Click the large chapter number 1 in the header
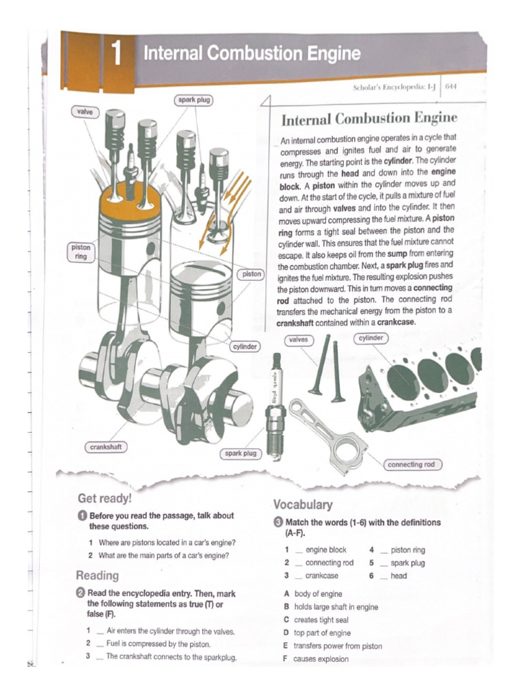click(x=117, y=54)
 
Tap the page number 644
click(x=451, y=87)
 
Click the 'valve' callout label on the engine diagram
click(x=85, y=111)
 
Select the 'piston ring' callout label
click(x=81, y=251)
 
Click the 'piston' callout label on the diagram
click(x=252, y=273)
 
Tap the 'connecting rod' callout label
click(x=411, y=464)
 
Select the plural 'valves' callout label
click(x=298, y=339)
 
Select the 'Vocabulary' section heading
click(x=303, y=504)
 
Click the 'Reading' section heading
click(x=97, y=575)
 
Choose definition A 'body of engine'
click(x=317, y=594)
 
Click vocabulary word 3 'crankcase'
click(x=321, y=576)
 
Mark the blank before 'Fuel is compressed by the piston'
click(x=100, y=644)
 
